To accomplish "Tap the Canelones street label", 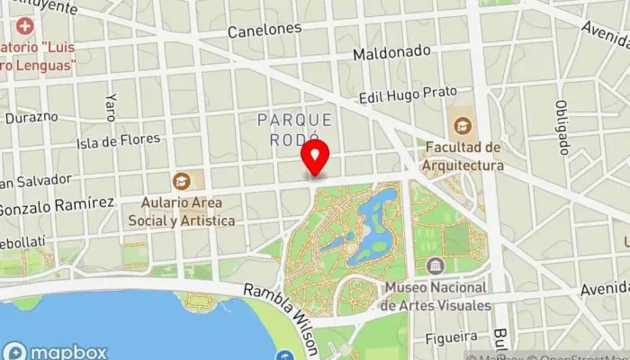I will click(264, 31).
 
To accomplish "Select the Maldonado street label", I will click(391, 53).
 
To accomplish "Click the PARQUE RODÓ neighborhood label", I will click(294, 129).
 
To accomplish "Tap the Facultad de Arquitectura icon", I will click(462, 125).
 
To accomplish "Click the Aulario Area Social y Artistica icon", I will click(182, 181).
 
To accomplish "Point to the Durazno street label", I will click(31, 117).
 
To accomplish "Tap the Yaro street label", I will click(111, 106).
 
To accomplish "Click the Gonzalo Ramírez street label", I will click(56, 205).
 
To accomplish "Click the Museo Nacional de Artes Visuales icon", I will click(436, 266).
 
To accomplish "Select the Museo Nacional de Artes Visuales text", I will click(437, 296).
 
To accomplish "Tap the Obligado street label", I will click(562, 126).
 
